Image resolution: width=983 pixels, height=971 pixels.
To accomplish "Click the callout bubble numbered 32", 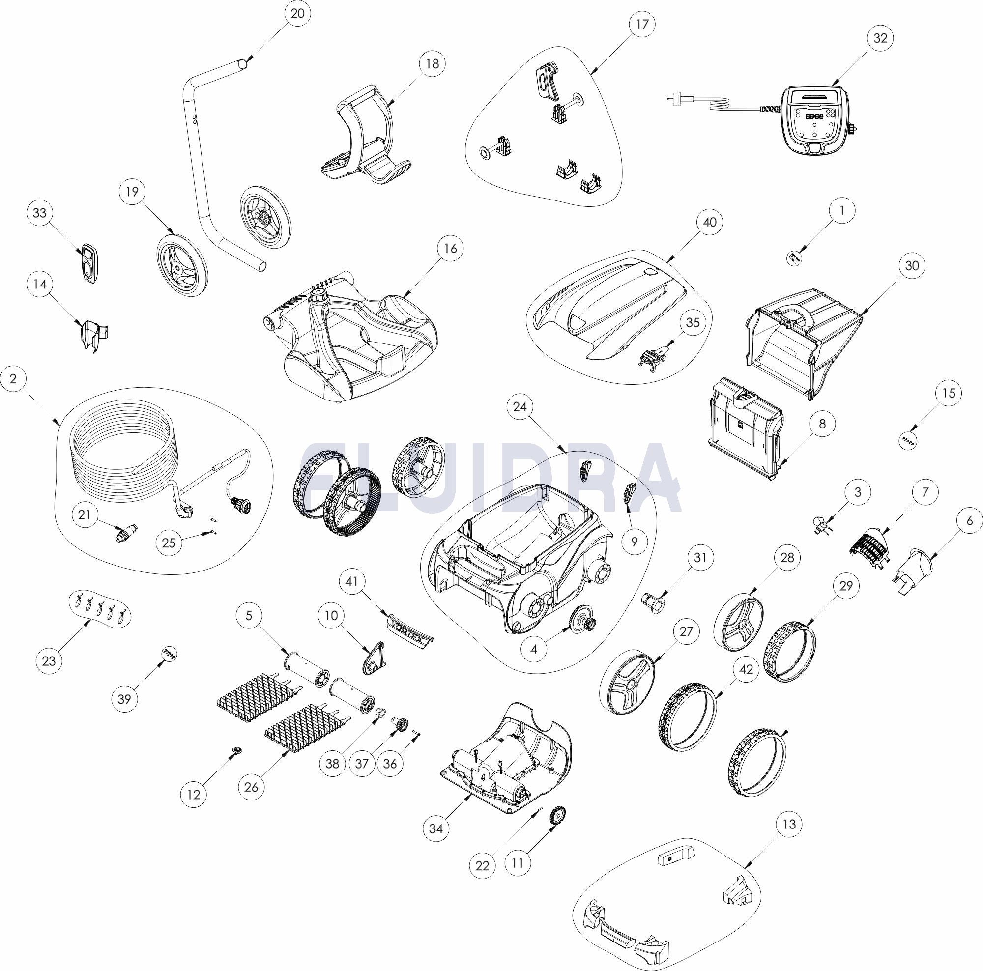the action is coord(880,38).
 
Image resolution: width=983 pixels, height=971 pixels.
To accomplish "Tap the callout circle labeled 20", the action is coord(298,14).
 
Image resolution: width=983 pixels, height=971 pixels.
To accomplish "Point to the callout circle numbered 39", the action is coord(125,699).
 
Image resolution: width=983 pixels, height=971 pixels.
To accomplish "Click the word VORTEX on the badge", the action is coord(406,627).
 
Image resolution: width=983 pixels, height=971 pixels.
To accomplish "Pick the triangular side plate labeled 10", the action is coord(374,657).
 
